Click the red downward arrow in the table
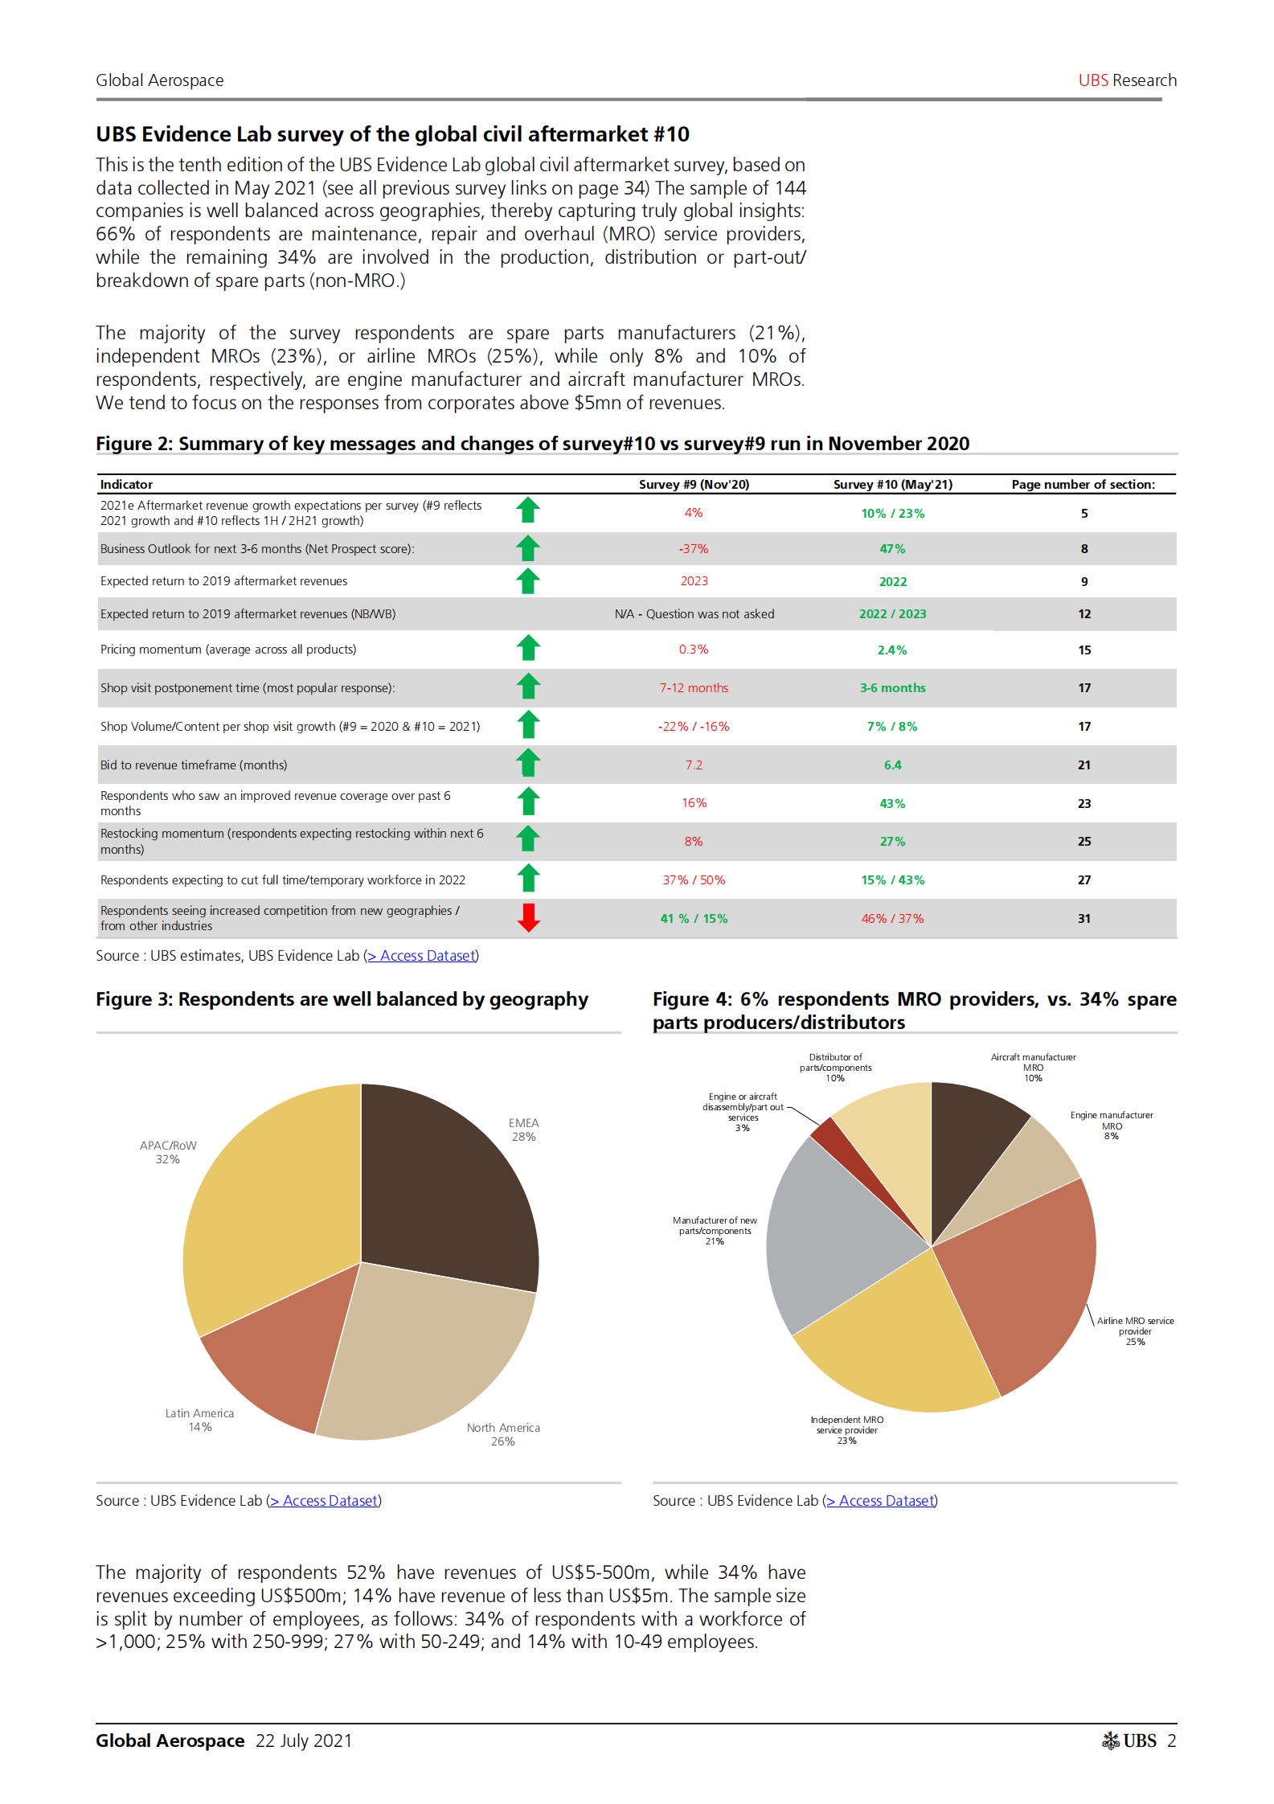tap(528, 917)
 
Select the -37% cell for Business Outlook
tap(694, 549)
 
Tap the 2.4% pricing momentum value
tap(891, 650)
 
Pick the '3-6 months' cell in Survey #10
tap(892, 688)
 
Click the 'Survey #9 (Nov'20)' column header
tap(694, 485)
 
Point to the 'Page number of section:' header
tap(1083, 485)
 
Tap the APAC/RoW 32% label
tap(168, 1152)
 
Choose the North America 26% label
tap(503, 1434)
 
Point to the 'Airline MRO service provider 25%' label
tap(1135, 1331)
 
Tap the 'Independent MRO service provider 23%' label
tap(846, 1430)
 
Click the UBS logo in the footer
tap(1129, 1740)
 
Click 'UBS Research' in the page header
tap(1127, 80)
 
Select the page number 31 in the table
tap(1084, 919)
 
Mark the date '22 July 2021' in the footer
tap(304, 1740)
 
